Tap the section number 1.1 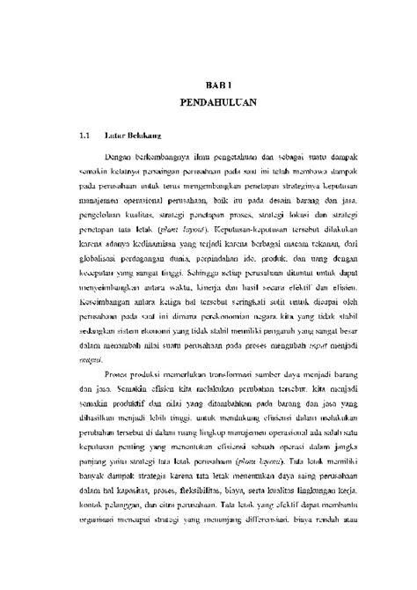[85, 137]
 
